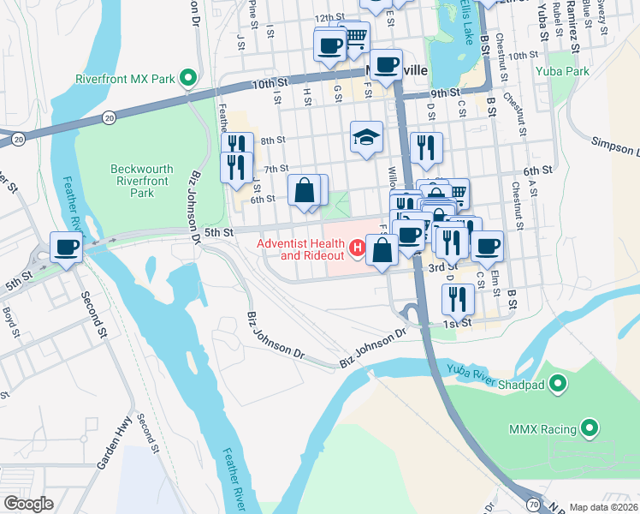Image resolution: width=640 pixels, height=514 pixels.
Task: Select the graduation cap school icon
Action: pyautogui.click(x=365, y=138)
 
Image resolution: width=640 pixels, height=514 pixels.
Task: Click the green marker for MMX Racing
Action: pyautogui.click(x=590, y=427)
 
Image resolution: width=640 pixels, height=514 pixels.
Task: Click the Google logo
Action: pyautogui.click(x=27, y=504)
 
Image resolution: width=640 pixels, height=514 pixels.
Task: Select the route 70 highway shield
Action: pyautogui.click(x=534, y=505)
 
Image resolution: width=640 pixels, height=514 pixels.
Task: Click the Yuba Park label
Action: pyautogui.click(x=561, y=72)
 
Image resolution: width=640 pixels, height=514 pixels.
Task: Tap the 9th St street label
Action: pyautogui.click(x=445, y=93)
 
